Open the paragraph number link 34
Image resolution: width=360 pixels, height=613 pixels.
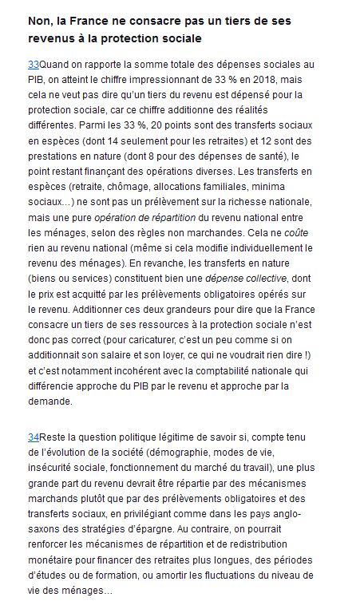pos(34,438)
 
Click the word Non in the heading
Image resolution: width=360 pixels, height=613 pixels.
pos(40,20)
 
